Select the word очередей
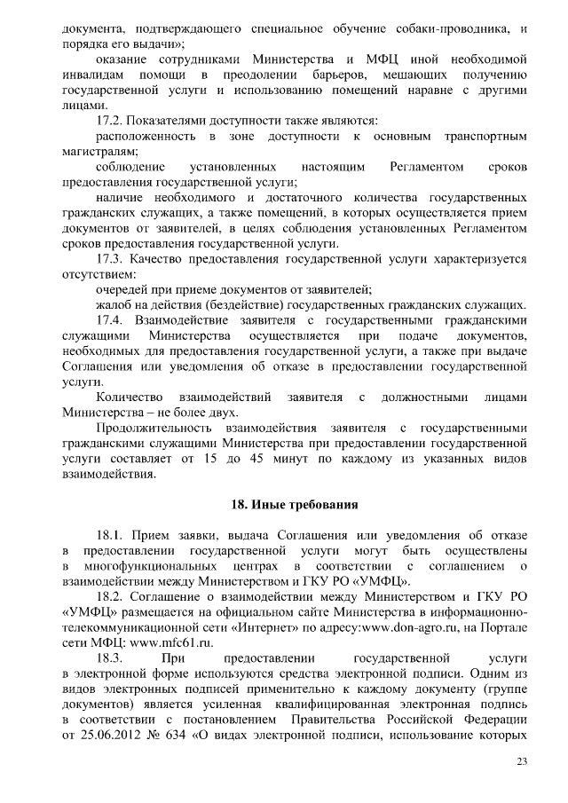click(x=123, y=288)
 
